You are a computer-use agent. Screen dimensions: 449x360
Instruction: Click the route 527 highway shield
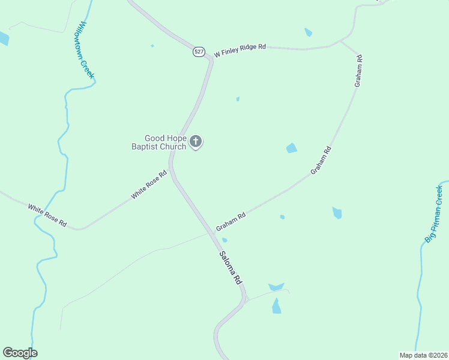pyautogui.click(x=198, y=52)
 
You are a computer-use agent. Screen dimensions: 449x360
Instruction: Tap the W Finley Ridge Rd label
pyautogui.click(x=240, y=51)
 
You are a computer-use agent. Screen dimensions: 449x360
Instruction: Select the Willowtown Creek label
pyautogui.click(x=86, y=49)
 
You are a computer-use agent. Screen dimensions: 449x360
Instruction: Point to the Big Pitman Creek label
pyautogui.click(x=433, y=214)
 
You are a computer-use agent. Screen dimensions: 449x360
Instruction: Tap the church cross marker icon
pyautogui.click(x=196, y=142)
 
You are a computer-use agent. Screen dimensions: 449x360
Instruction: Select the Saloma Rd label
pyautogui.click(x=229, y=267)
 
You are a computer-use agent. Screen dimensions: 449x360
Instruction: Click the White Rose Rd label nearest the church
pyautogui.click(x=149, y=186)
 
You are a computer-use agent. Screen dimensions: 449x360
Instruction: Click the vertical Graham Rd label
pyautogui.click(x=358, y=71)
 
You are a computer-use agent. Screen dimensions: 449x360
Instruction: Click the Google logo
pyautogui.click(x=20, y=353)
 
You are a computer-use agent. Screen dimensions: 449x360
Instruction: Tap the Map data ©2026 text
pyautogui.click(x=423, y=355)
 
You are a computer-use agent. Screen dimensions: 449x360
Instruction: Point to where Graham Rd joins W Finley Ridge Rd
pyautogui.click(x=341, y=42)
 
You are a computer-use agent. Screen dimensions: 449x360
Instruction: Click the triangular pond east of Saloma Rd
pyautogui.click(x=276, y=287)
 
